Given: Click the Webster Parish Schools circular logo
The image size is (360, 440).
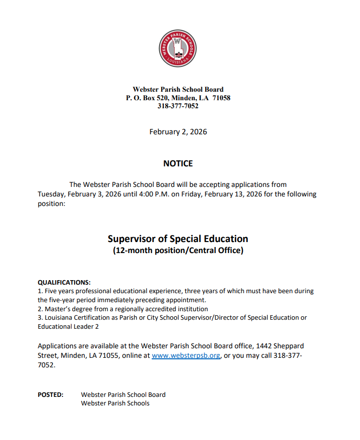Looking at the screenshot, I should pyautogui.click(x=178, y=49).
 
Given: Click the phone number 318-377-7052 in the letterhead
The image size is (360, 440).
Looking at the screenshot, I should pyautogui.click(x=178, y=106).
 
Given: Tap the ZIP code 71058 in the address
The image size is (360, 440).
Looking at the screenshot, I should pyautogui.click(x=221, y=98).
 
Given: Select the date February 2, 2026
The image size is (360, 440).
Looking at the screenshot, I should pyautogui.click(x=178, y=132).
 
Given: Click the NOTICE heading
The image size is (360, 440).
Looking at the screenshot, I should pyautogui.click(x=178, y=163).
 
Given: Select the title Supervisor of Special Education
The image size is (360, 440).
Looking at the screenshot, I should pyautogui.click(x=178, y=239).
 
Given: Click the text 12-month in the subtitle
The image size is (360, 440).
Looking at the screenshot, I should pyautogui.click(x=133, y=251).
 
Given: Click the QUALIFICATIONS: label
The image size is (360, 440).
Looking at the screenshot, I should pyautogui.click(x=64, y=282).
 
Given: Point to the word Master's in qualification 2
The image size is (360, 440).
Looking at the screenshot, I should pyautogui.click(x=57, y=309).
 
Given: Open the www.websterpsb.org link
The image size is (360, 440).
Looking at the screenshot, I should pyautogui.click(x=186, y=356).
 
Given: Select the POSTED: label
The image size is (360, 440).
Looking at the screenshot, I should pyautogui.click(x=51, y=394).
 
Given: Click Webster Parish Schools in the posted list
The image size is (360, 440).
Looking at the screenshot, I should pyautogui.click(x=115, y=403).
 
